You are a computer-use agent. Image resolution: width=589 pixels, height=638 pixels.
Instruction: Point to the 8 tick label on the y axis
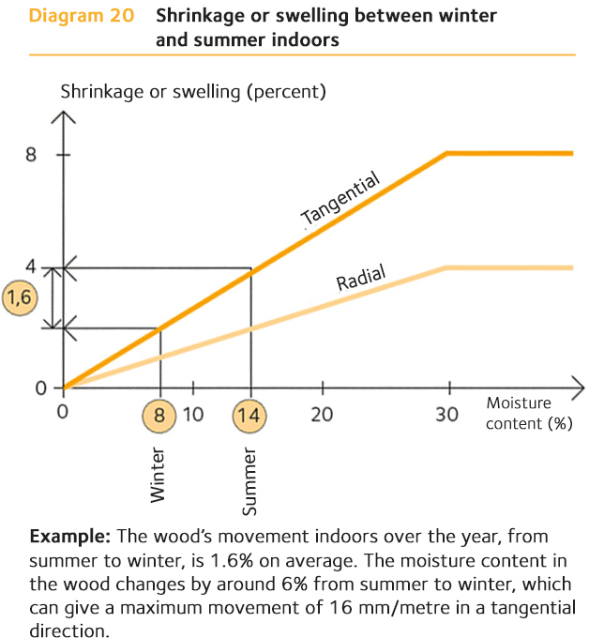point(31,154)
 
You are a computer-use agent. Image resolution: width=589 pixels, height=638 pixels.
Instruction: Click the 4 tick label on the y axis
point(31,266)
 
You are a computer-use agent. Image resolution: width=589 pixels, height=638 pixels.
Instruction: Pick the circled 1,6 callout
point(19,297)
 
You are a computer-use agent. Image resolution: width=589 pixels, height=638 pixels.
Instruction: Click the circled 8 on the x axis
point(160,415)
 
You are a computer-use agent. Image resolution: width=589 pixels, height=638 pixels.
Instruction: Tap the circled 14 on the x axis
point(250,415)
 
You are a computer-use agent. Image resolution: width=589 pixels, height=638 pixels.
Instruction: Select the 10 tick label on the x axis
point(193,415)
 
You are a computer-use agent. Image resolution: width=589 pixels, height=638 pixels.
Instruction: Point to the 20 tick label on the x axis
point(323,415)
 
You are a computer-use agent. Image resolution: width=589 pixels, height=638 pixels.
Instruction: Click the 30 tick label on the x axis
point(448,415)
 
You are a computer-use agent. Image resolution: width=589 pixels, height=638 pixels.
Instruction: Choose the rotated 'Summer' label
point(249,481)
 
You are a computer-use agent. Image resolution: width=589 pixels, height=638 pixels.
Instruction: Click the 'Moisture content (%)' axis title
point(528,414)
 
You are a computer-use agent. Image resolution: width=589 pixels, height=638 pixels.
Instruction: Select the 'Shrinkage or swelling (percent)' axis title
point(193,92)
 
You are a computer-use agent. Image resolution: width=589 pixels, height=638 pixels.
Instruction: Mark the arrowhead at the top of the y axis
point(64,118)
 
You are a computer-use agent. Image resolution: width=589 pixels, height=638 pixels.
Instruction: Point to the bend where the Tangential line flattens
point(446,153)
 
